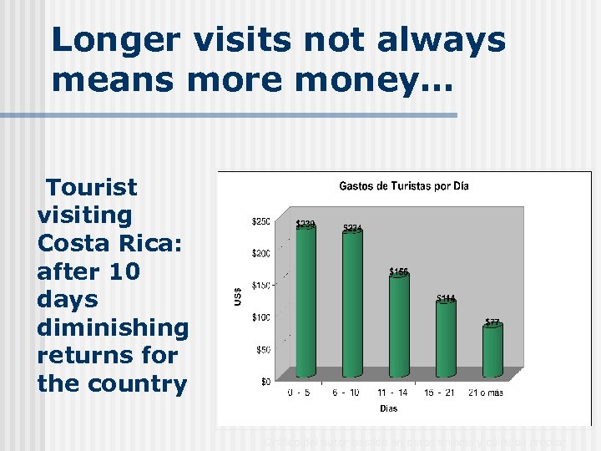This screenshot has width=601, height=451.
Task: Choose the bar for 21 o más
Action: pyautogui.click(x=492, y=350)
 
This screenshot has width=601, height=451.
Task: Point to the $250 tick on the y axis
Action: pyautogui.click(x=260, y=220)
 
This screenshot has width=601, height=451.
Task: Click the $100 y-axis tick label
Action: pyautogui.click(x=260, y=317)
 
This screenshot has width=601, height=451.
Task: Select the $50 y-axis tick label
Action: pyautogui.click(x=262, y=350)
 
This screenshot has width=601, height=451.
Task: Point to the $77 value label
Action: pyautogui.click(x=492, y=322)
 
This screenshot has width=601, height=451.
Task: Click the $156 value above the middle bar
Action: pyautogui.click(x=399, y=271)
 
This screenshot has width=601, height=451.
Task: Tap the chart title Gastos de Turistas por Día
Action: pyautogui.click(x=403, y=186)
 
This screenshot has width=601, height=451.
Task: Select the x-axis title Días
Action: pyautogui.click(x=389, y=408)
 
